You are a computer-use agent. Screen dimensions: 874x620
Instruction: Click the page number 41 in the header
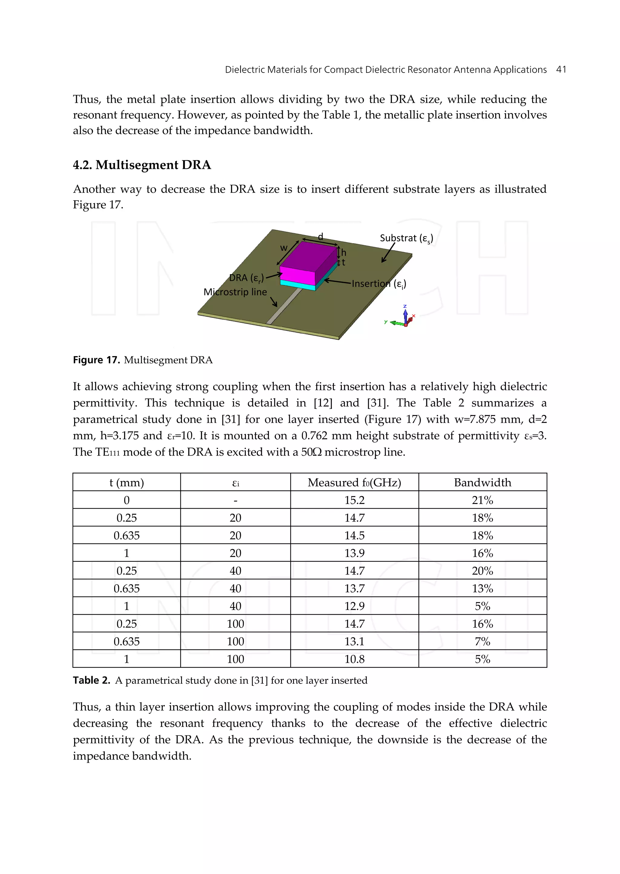pyautogui.click(x=561, y=70)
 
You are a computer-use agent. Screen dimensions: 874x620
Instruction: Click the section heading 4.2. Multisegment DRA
pyautogui.click(x=142, y=165)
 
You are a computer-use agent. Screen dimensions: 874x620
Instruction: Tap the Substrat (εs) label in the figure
pyautogui.click(x=406, y=238)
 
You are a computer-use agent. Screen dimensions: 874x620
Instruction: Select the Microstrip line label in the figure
pyautogui.click(x=235, y=292)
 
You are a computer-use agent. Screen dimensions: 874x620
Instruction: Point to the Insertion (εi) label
pyautogui.click(x=379, y=284)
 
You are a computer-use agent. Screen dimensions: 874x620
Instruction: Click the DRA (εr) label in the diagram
pyautogui.click(x=246, y=278)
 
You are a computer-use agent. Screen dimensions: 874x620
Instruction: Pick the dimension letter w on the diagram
pyautogui.click(x=284, y=248)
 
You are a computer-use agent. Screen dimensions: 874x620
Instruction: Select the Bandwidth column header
pyautogui.click(x=482, y=483)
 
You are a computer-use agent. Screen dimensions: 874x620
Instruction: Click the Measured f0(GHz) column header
pyautogui.click(x=354, y=483)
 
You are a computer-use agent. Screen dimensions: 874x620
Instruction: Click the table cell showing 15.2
pyautogui.click(x=354, y=500)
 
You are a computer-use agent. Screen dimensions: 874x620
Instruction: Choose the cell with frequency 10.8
pyautogui.click(x=354, y=659)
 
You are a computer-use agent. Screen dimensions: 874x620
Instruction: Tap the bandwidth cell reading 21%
pyautogui.click(x=482, y=500)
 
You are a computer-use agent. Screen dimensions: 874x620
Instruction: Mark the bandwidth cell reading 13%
pyautogui.click(x=482, y=588)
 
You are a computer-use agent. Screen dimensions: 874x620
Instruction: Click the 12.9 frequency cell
pyautogui.click(x=354, y=606)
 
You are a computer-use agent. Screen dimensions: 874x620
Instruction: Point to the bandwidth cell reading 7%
pyautogui.click(x=482, y=641)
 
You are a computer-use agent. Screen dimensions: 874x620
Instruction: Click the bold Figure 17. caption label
pyautogui.click(x=96, y=360)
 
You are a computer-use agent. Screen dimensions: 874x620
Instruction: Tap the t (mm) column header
pyautogui.click(x=126, y=483)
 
